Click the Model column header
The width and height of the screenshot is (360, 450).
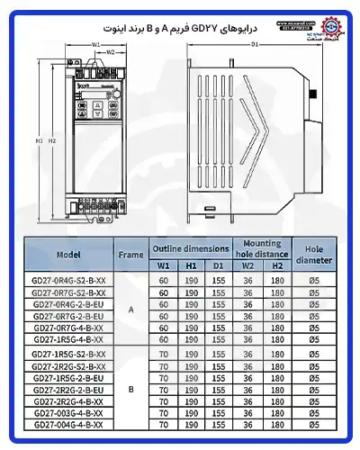(x=68, y=255)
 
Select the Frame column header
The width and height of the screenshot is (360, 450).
(x=130, y=255)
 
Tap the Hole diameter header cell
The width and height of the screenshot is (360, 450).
(x=314, y=255)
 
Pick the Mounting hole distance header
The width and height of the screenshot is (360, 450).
(x=262, y=247)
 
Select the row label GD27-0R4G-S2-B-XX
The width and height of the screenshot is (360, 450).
(x=68, y=280)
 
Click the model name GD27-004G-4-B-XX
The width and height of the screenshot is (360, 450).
(x=68, y=425)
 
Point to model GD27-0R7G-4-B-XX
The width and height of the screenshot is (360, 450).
(x=68, y=328)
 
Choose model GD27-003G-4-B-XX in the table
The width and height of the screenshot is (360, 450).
(x=68, y=413)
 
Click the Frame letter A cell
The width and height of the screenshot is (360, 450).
(x=130, y=310)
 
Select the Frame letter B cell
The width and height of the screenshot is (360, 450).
(x=130, y=390)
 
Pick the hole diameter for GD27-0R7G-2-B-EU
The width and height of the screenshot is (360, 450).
(x=314, y=316)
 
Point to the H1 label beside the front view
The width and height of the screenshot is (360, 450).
(x=38, y=141)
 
